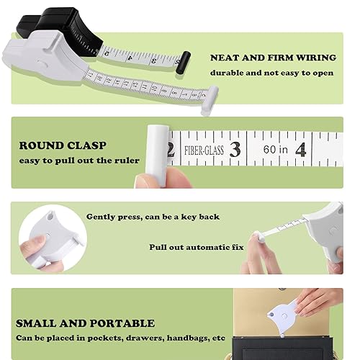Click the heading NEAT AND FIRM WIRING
coord(273,58)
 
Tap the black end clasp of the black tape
coord(183,62)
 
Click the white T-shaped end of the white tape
coord(210,100)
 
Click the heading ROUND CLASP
coord(63,145)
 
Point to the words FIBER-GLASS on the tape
coord(204,150)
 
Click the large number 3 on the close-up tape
coord(235,149)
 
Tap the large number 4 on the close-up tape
coord(301,150)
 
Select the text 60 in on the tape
coord(275,150)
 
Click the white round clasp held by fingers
coord(157,156)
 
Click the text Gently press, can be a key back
coord(153,217)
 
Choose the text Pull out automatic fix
coord(197,247)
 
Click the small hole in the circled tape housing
coord(50,217)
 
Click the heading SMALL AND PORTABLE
coord(85,323)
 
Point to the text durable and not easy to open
coord(271,73)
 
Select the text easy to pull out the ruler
coord(79,161)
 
